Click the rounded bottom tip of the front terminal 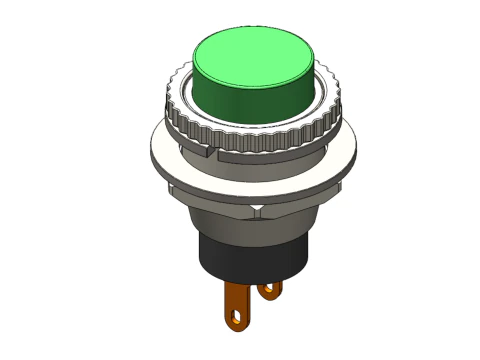tap(237, 326)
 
